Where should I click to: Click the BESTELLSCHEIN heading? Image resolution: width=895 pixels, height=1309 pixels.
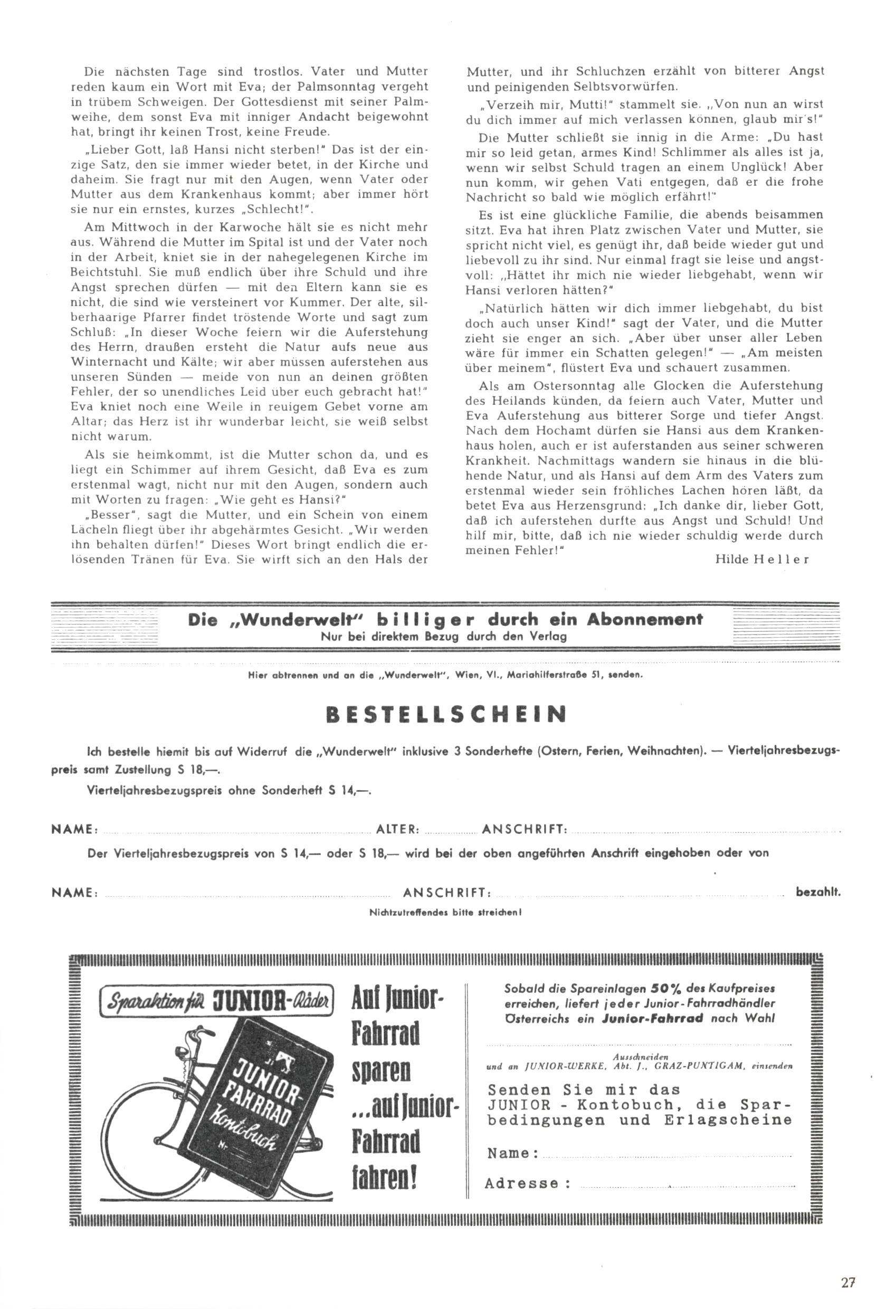pos(445,715)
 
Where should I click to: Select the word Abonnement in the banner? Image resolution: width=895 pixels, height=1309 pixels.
pos(645,620)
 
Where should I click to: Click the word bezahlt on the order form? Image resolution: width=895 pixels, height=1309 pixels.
pos(818,892)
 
